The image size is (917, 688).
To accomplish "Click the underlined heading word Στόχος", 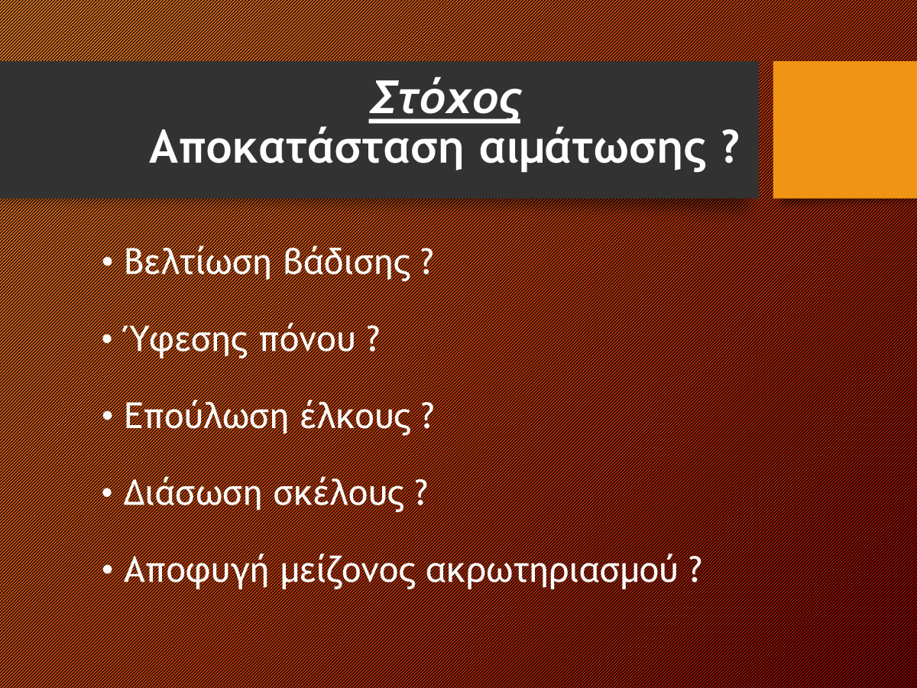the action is (x=445, y=99).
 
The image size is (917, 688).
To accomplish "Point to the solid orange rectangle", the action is (x=845, y=129).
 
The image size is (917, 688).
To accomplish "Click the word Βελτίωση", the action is (x=198, y=262).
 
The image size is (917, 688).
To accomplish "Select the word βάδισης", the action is (x=347, y=263).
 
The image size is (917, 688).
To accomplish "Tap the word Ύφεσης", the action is (x=185, y=339).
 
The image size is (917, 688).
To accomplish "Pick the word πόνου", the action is (x=307, y=340).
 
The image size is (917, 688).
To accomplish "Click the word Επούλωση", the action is (x=206, y=417).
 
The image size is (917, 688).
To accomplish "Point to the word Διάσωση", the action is (x=193, y=494).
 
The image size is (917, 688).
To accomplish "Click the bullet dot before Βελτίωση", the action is (x=108, y=263).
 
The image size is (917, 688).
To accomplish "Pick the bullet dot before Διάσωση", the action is (x=108, y=493).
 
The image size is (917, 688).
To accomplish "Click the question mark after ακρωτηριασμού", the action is (x=694, y=569).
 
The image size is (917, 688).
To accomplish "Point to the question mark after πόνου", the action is (x=373, y=338).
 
